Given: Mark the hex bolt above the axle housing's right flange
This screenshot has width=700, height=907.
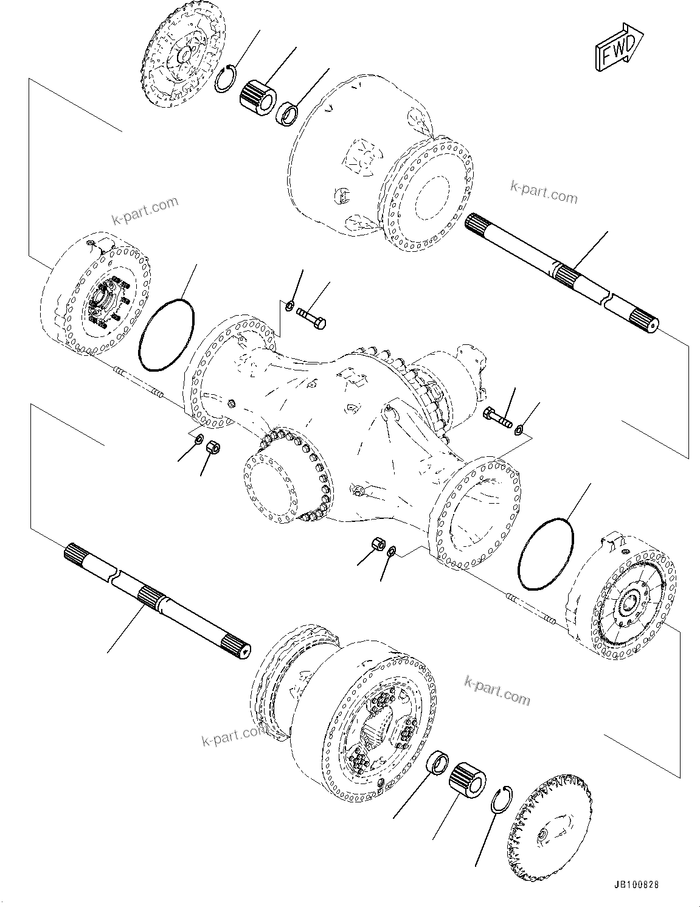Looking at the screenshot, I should pos(497,419).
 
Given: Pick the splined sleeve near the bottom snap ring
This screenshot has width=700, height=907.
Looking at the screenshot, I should pos(468,778).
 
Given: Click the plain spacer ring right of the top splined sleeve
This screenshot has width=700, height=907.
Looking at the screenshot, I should pos(287,114).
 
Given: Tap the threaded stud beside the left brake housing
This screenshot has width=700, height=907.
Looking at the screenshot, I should pos(138,384).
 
